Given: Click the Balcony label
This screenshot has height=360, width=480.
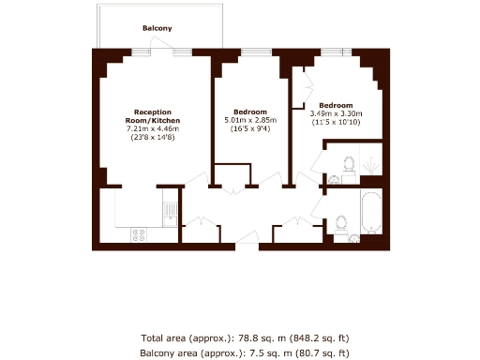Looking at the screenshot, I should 157,28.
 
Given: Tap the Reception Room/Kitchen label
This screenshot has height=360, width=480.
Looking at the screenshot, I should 153,116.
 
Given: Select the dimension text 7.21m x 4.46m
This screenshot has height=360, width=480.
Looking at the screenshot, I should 153,129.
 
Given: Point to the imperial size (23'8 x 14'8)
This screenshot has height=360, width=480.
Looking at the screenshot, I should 153,138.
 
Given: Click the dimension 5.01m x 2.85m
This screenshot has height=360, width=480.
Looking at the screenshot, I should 250,120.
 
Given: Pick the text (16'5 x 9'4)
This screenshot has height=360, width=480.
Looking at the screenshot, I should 250,128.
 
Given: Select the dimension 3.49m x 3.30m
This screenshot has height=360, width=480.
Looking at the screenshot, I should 336,113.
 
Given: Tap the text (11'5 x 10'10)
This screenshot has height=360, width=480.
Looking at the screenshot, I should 336,122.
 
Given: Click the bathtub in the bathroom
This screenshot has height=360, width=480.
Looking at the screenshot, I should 369,213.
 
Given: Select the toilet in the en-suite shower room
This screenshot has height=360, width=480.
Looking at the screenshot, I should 349,163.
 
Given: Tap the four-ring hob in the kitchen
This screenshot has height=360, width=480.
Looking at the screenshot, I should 140,233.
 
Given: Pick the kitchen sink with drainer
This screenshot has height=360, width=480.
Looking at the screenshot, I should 170,209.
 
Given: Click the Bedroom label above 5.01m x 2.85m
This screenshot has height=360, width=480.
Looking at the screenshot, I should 250,112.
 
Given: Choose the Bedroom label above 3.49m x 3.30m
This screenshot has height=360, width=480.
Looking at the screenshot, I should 336,105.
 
